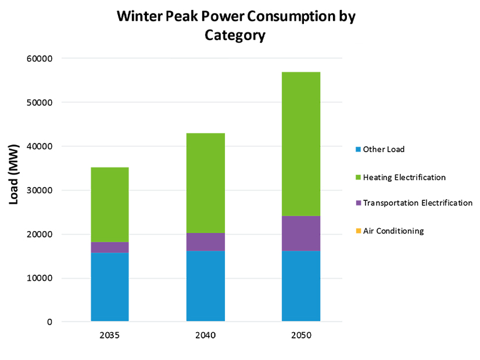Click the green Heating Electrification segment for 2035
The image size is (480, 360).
coord(109,204)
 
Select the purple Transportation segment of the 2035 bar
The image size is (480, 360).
coord(109,247)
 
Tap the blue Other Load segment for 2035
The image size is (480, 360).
coord(109,287)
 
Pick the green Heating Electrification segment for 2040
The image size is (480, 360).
coord(205,183)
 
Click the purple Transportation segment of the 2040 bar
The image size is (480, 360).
coord(205,242)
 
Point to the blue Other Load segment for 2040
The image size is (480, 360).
coord(205,286)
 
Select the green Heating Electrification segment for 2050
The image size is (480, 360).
coord(301,144)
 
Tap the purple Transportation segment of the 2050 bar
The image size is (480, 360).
coord(301,233)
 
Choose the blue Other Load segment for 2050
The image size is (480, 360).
coord(301,286)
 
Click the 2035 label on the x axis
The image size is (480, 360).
coord(109,336)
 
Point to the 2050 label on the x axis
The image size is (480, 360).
coord(301,336)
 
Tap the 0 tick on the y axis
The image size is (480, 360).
coord(50,322)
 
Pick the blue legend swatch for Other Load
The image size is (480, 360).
coord(359,150)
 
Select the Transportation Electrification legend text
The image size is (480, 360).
coord(417,203)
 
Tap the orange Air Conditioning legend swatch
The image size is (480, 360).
coord(359,231)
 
